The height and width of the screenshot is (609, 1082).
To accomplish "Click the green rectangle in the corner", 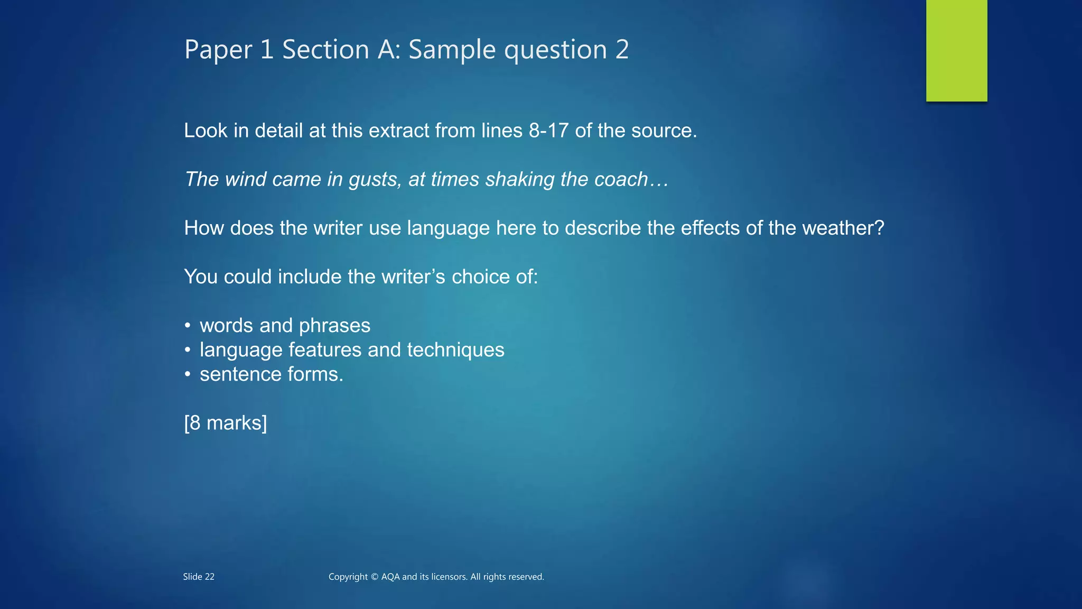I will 956,50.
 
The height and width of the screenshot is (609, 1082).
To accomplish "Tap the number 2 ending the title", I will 622,50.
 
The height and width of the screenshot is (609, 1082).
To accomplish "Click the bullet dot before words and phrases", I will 187,326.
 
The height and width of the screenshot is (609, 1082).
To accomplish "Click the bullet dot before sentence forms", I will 187,374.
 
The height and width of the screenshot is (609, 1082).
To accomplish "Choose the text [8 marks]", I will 226,423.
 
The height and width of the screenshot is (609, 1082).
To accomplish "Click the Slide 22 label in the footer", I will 199,577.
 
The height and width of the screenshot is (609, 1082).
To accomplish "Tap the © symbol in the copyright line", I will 374,577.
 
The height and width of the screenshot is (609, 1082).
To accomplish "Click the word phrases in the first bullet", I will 334,326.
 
